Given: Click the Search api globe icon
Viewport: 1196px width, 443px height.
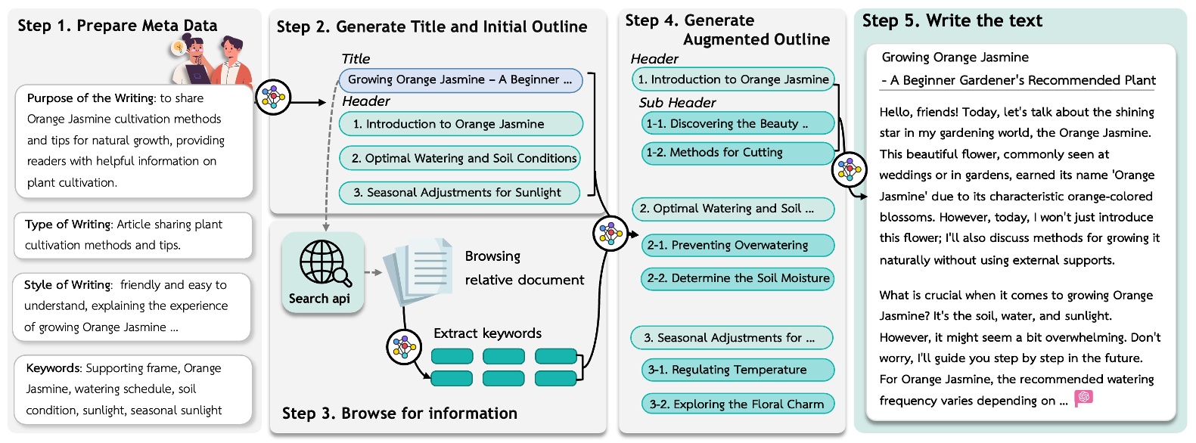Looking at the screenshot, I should tap(324, 263).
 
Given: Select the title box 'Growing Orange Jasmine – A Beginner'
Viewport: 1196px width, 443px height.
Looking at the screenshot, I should tap(461, 80).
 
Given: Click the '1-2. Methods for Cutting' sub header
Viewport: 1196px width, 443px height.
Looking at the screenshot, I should tap(738, 153).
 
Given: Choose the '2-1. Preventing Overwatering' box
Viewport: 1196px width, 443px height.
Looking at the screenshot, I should tap(738, 245).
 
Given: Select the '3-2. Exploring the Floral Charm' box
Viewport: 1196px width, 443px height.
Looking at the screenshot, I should tap(738, 404).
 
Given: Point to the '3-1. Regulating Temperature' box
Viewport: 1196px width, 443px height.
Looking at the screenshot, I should tap(738, 370).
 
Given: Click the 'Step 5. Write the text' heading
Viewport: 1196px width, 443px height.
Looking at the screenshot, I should tap(952, 21).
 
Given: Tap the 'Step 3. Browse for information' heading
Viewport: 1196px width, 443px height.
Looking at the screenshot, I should tap(399, 414).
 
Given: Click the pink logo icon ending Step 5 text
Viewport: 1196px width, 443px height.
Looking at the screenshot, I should tap(1083, 398).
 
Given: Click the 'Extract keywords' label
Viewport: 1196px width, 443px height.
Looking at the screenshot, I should tap(487, 333).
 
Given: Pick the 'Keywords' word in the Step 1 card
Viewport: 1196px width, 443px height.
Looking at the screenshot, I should tap(52, 368).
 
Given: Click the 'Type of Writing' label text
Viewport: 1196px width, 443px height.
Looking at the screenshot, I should tap(67, 225).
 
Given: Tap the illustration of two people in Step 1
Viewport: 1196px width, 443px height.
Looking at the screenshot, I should tap(210, 60).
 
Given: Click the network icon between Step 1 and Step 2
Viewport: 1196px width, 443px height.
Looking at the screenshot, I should tap(272, 97).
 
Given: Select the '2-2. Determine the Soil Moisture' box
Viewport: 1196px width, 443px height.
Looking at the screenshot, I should tap(738, 278).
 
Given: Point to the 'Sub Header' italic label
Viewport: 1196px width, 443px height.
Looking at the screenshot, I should tap(677, 103).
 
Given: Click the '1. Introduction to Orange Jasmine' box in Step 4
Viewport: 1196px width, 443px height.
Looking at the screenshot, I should tap(732, 79).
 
